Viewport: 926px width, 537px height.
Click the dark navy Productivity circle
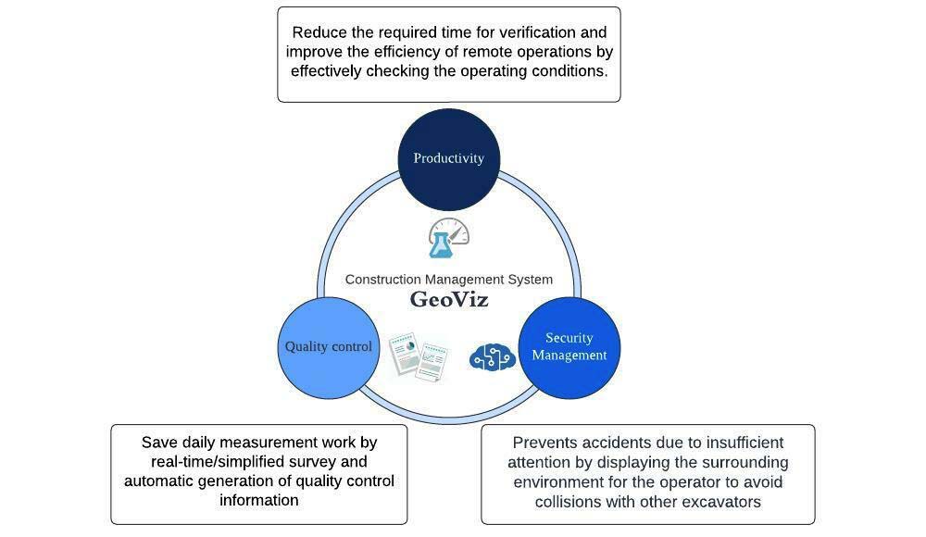coord(448,158)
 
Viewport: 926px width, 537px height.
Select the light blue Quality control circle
coord(329,347)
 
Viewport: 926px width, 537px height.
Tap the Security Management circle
coord(569,347)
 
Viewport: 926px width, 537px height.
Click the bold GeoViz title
coord(449,300)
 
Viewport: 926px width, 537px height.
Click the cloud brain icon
coord(492,356)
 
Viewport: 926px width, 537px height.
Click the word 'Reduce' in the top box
coord(319,33)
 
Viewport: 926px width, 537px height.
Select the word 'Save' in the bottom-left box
coord(159,443)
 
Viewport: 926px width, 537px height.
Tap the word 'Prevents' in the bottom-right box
coord(544,443)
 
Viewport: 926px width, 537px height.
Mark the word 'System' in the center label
coord(531,280)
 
